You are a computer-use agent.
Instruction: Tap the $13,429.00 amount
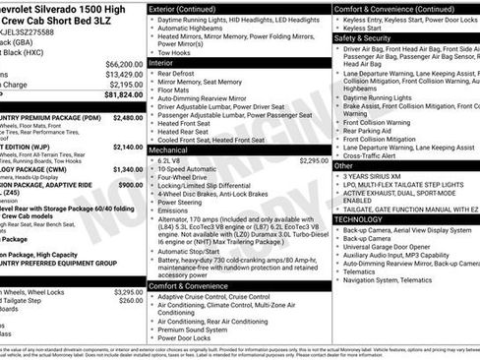(125, 74)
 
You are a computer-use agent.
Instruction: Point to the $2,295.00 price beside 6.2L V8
(308, 160)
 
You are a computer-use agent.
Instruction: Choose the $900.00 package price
(131, 185)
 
